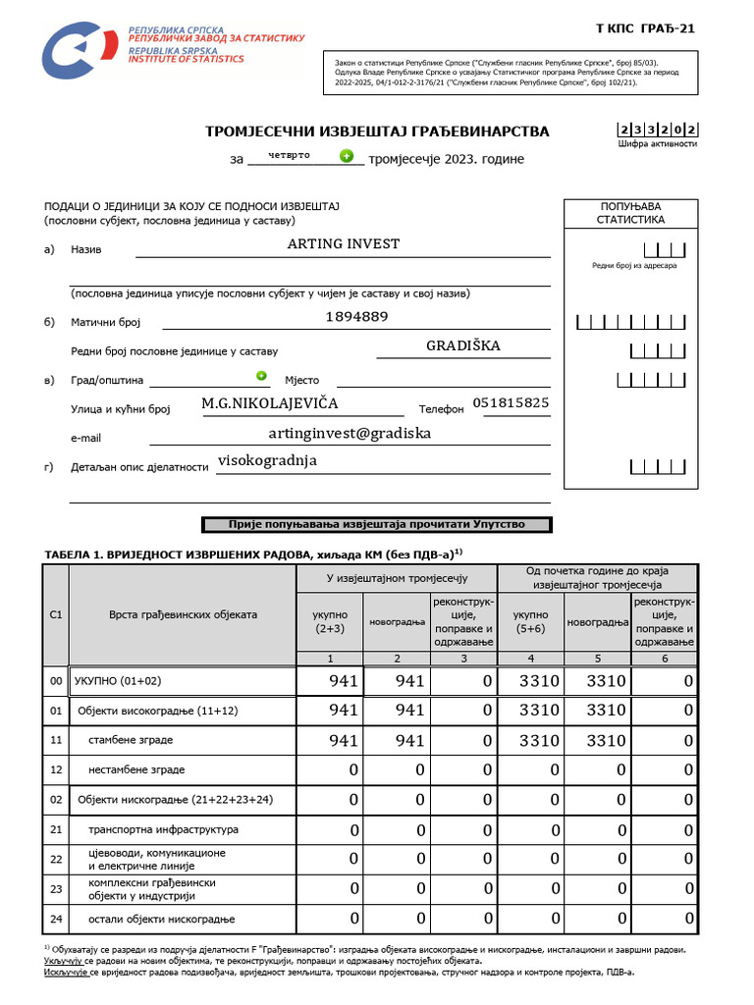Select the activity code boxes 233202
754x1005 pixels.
pyautogui.click(x=657, y=129)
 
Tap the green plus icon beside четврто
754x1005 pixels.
pyautogui.click(x=346, y=155)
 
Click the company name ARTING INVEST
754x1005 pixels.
pyautogui.click(x=343, y=243)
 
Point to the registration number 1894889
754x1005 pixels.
pyautogui.click(x=356, y=316)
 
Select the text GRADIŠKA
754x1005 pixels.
pyautogui.click(x=463, y=345)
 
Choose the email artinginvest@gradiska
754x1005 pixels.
pyautogui.click(x=350, y=432)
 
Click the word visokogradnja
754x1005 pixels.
pyautogui.click(x=267, y=460)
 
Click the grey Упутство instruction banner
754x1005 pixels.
pyautogui.click(x=377, y=525)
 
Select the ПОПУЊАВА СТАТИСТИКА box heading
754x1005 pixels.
pyautogui.click(x=630, y=213)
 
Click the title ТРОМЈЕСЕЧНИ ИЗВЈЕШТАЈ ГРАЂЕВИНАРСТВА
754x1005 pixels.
pyautogui.click(x=377, y=132)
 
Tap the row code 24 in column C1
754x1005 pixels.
pyautogui.click(x=56, y=919)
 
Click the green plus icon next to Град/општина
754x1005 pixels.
pyautogui.click(x=261, y=375)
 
